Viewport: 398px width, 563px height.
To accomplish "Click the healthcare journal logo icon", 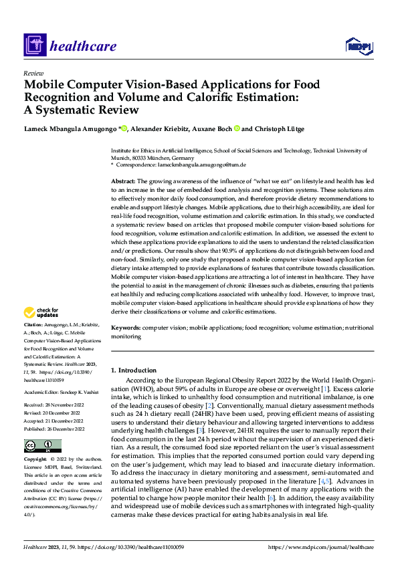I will tap(35, 45).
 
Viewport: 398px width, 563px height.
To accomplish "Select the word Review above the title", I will tap(33, 74).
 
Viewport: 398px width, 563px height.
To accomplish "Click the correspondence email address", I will tap(211, 164).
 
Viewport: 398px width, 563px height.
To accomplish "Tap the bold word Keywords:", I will tap(125, 328).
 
